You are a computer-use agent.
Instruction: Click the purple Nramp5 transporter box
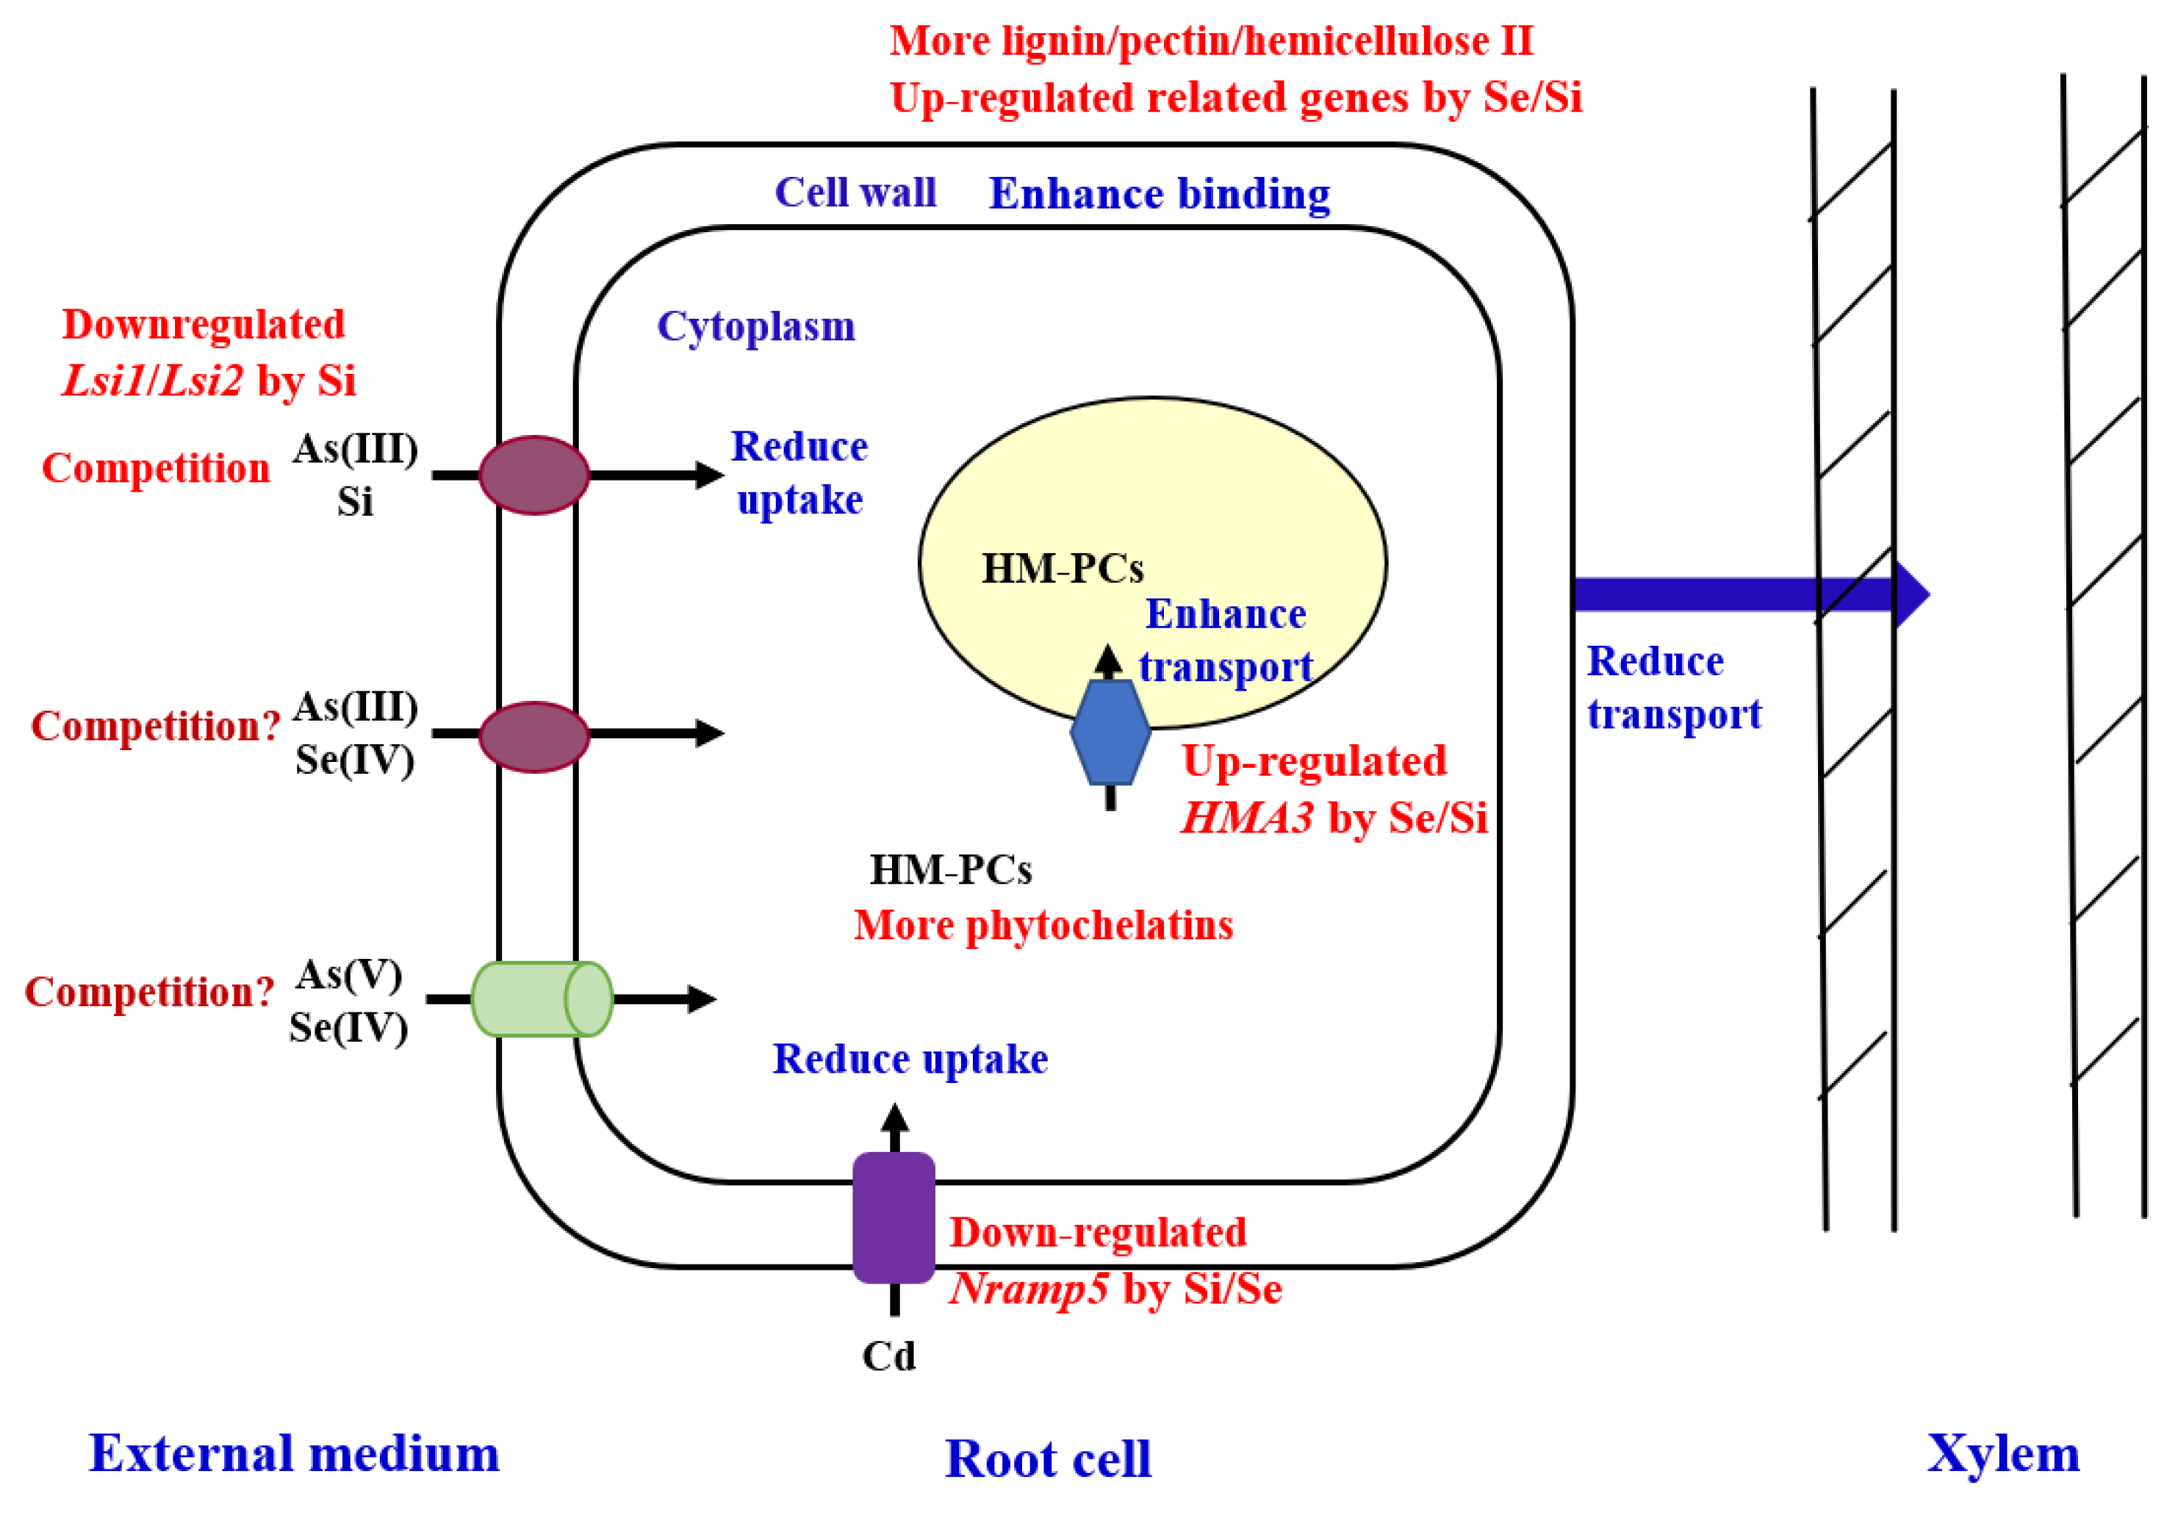[x=894, y=1217]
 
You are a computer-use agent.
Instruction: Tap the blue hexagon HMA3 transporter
[x=1110, y=733]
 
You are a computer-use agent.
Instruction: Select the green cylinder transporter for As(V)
[x=542, y=999]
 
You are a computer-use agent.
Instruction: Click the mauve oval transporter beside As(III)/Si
[x=534, y=475]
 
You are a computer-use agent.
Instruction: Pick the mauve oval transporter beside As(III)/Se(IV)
[x=534, y=737]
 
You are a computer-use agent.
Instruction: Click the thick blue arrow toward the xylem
[x=1745, y=595]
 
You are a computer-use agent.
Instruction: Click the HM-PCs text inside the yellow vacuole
[x=1063, y=568]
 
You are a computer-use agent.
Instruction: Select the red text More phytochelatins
[x=1043, y=925]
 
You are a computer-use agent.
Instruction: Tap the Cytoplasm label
[x=756, y=326]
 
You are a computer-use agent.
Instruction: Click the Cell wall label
[x=855, y=192]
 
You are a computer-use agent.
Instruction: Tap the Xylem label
[x=2002, y=1453]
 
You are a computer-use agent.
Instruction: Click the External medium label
[x=294, y=1453]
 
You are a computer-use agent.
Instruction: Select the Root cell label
[x=1047, y=1458]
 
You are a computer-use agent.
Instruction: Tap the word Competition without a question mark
[x=157, y=468]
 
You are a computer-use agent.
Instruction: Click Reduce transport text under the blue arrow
[x=1673, y=687]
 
